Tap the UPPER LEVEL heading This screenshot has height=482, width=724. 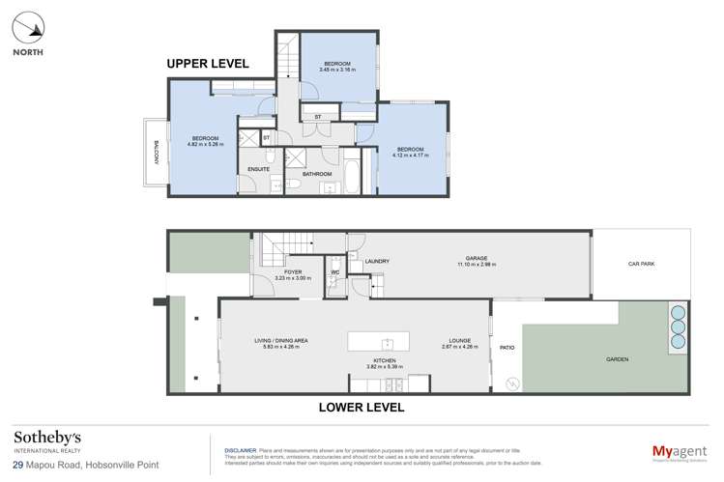[x=207, y=64]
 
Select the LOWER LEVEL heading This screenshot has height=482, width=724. [x=361, y=407]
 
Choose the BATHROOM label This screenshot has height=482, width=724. [x=317, y=174]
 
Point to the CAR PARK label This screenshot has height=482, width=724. [x=641, y=263]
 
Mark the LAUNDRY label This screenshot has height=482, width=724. [x=376, y=261]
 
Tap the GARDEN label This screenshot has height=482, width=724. [x=617, y=359]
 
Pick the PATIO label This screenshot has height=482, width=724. [x=505, y=348]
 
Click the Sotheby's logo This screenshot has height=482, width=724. [x=46, y=442]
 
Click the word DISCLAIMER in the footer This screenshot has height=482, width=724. [x=240, y=450]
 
